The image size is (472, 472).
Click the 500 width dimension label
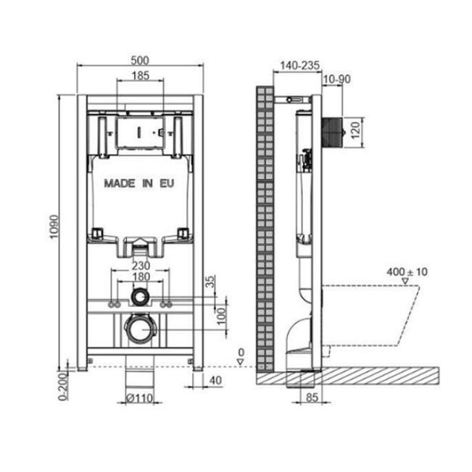[139, 61]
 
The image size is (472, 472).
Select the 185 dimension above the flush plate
[141, 75]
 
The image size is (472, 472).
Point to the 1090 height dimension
[54, 227]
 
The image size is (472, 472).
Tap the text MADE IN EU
[139, 183]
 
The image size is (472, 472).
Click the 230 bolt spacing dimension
[141, 266]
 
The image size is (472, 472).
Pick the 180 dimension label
[141, 277]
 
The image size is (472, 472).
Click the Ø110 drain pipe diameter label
[139, 399]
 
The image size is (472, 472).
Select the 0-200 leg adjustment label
[62, 387]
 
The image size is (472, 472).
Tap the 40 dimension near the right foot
[215, 380]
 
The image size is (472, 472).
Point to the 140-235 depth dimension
[299, 65]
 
